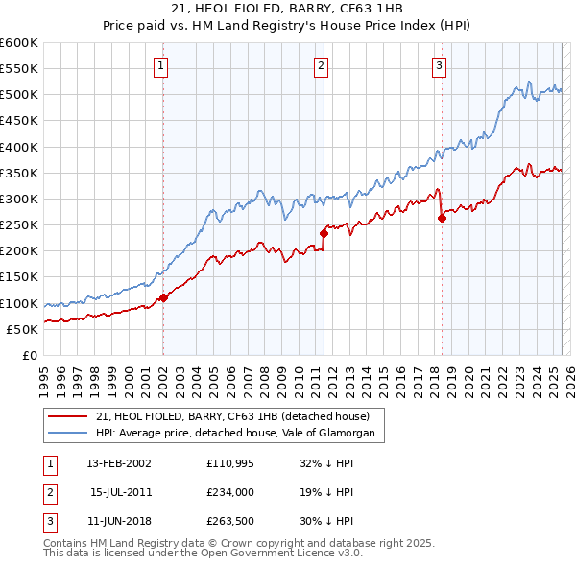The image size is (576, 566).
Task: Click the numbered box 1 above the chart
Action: click(x=160, y=66)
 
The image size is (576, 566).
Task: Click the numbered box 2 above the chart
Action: click(x=321, y=66)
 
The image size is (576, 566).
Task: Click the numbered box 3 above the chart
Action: click(x=439, y=66)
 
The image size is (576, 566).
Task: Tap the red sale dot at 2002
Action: click(x=163, y=297)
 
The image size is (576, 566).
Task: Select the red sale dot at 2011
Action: click(x=324, y=232)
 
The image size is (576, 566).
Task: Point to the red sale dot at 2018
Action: click(x=442, y=218)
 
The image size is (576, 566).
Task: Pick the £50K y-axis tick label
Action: click(x=22, y=329)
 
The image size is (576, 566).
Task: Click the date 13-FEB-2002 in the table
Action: click(x=118, y=463)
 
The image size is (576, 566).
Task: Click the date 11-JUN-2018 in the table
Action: click(x=118, y=521)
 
